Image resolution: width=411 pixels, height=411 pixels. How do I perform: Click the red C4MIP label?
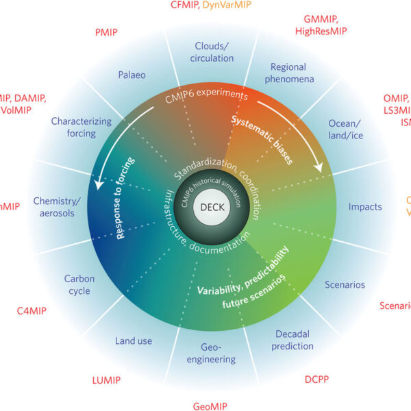pos(32,311)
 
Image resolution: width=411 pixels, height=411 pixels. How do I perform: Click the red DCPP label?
pos(317,378)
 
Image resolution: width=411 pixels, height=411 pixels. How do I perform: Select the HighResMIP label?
pos(321,32)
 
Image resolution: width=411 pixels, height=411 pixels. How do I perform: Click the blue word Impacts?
pos(365,207)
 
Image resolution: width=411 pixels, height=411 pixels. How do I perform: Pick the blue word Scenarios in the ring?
pos(345,284)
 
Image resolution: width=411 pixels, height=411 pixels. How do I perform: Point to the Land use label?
pos(134,340)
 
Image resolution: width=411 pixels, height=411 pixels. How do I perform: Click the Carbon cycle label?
pos(79,285)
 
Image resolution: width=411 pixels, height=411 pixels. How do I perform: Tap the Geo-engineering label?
pos(218,353)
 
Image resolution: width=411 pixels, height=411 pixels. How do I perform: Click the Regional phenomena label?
pos(292,73)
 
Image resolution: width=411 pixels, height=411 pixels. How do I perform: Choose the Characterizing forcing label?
pos(81,127)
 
